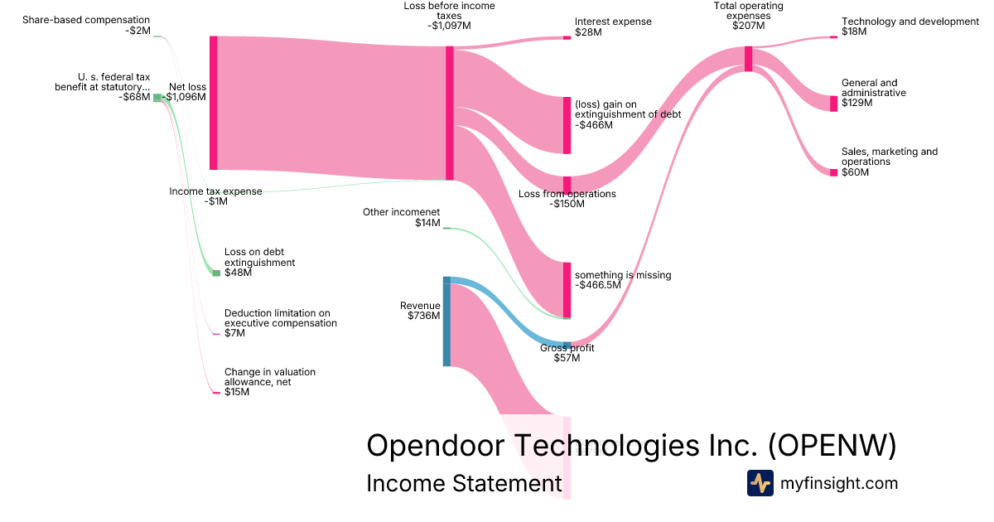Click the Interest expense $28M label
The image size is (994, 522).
pos(612,27)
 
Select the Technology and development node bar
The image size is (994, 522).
pos(834,37)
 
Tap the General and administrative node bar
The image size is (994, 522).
pos(834,104)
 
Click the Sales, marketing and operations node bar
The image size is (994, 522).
pos(834,172)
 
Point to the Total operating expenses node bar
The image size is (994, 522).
pos(748,59)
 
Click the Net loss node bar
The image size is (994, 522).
pos(213,103)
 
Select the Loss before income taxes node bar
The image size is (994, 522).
pos(450,113)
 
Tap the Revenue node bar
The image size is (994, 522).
pos(446,321)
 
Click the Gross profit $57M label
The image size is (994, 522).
pos(567,353)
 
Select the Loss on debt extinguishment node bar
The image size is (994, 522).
pos(217,273)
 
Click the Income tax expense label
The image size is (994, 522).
pos(215,196)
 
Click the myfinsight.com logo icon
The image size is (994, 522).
pos(760,483)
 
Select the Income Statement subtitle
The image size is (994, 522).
pos(464,484)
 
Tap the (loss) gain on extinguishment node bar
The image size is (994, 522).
pos(567,125)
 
